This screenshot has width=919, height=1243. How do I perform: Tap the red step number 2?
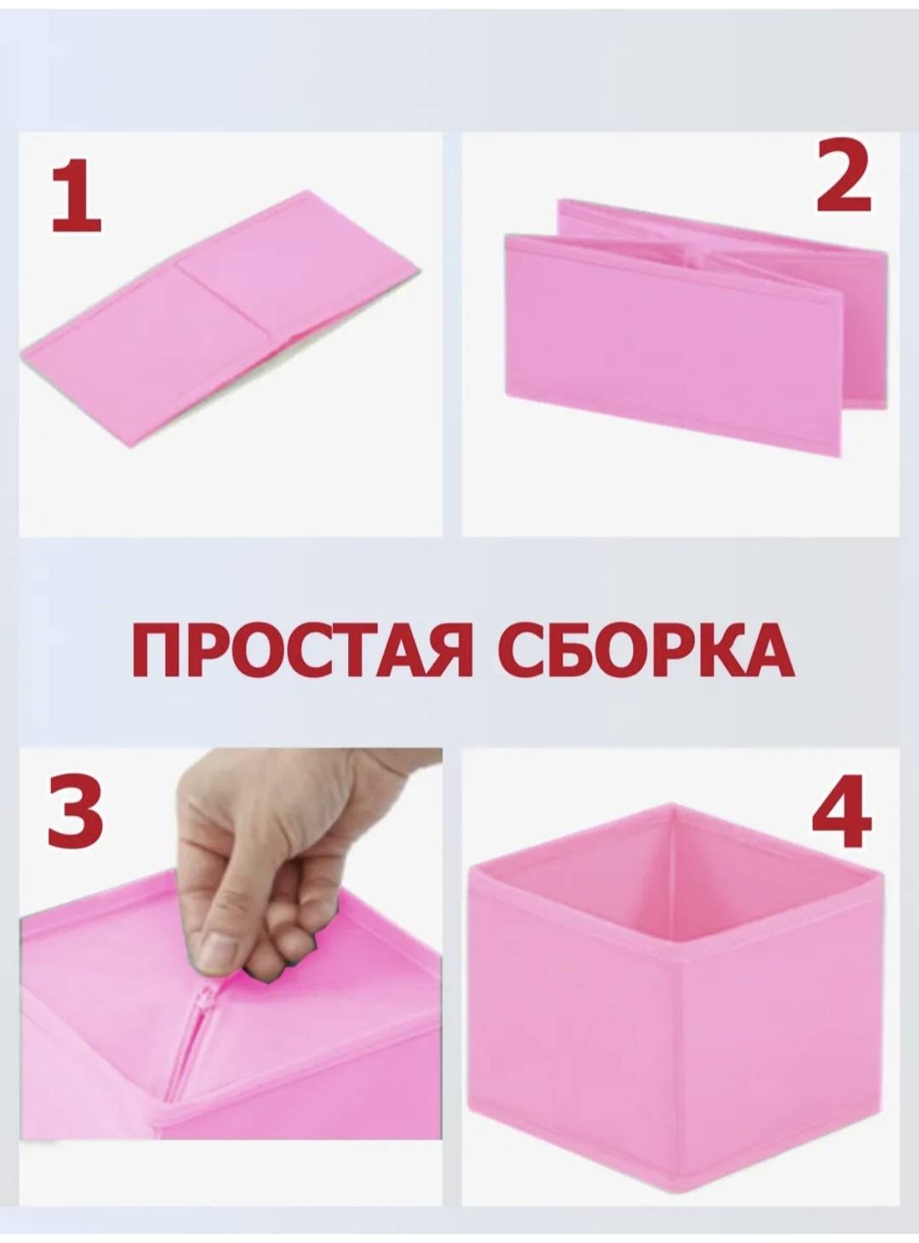coord(843,176)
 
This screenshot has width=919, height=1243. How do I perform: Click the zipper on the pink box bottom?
coord(197,1025)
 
